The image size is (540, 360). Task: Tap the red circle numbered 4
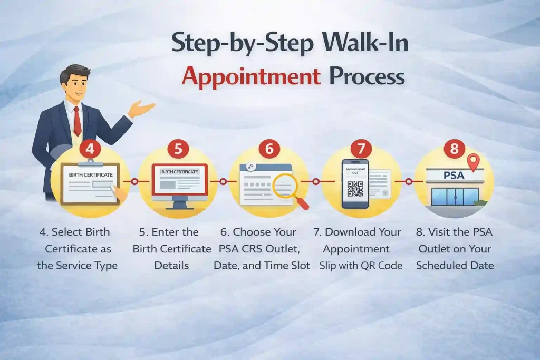90,149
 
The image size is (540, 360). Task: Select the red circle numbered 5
178,149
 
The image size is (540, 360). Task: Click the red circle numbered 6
269,149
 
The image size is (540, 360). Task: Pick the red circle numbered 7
361,149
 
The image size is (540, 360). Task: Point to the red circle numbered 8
454,149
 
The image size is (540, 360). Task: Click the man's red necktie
78,120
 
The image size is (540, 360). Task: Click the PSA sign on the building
454,174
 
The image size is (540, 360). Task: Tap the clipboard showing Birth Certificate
90,182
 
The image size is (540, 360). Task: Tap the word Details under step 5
171,265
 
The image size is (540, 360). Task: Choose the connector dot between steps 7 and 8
408,181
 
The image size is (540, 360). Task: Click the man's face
75,84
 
